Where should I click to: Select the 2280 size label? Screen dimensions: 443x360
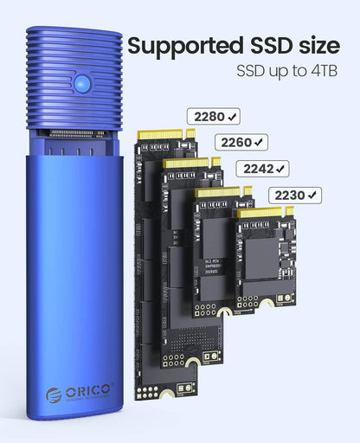[x=209, y=116]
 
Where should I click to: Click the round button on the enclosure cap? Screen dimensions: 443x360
[x=83, y=84]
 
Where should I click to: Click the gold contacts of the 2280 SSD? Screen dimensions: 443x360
[x=161, y=135]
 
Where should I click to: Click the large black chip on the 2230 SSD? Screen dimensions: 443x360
[x=266, y=259]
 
